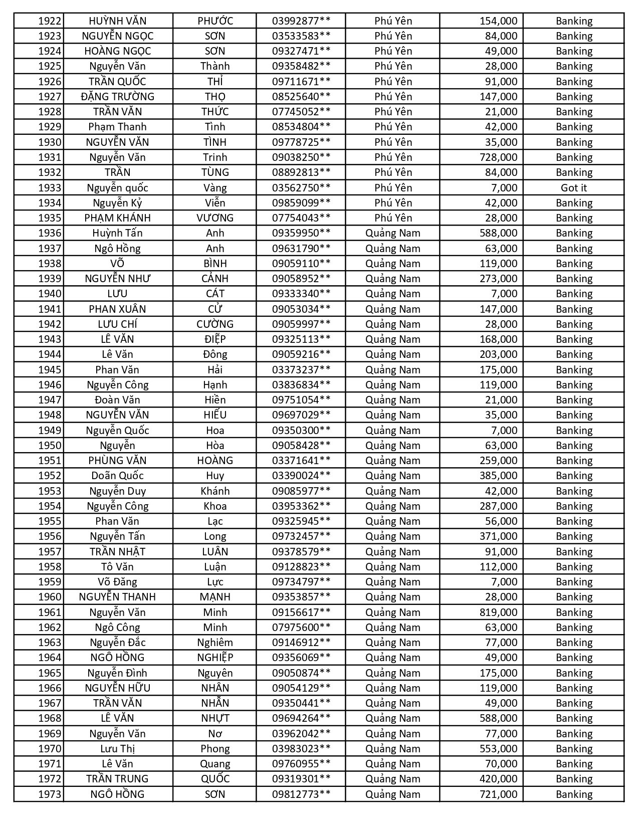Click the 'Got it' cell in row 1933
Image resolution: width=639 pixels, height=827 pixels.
tap(573, 188)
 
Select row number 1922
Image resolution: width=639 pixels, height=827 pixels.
tap(50, 21)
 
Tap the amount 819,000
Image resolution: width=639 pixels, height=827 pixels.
tap(498, 612)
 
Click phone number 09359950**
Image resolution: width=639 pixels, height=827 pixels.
tap(301, 233)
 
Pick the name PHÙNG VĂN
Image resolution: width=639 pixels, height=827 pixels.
tap(117, 461)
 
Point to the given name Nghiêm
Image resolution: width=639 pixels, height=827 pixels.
tap(215, 643)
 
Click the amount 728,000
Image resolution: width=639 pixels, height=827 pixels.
tap(498, 157)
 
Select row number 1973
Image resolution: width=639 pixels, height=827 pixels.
tap(50, 794)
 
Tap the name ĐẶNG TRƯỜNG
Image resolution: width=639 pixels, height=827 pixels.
tap(117, 97)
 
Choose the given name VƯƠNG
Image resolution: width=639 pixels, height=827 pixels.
tap(215, 218)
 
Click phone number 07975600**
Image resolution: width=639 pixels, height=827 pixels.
tap(301, 628)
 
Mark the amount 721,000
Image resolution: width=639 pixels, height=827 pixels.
tap(498, 794)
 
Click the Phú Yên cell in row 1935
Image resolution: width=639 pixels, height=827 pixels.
tap(393, 218)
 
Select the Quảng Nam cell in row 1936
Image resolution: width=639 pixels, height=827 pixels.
tap(393, 233)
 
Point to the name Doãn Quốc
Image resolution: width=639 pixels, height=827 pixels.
tap(117, 476)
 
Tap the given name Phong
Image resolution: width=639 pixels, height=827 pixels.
tap(215, 749)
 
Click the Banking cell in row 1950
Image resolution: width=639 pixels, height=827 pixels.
tap(573, 446)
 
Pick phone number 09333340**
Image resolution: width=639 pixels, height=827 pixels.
tap(301, 294)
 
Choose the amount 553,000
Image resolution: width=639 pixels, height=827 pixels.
tap(498, 749)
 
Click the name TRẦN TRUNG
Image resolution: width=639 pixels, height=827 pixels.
tap(117, 779)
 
